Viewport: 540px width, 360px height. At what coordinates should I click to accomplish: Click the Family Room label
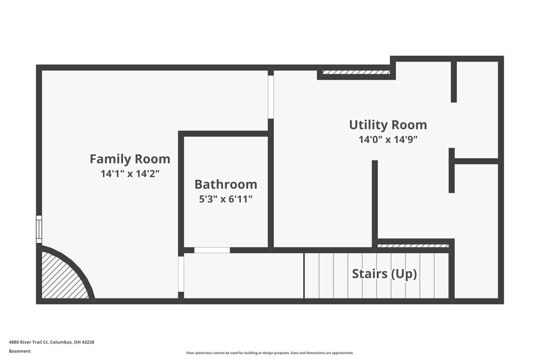pos(130,159)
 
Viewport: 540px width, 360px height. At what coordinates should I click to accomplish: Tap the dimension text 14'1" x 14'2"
pos(130,174)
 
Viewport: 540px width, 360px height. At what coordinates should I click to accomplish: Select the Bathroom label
pos(226,184)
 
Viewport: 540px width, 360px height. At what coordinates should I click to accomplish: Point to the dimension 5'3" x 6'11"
pos(226,199)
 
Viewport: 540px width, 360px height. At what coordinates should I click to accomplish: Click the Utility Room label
pos(388,125)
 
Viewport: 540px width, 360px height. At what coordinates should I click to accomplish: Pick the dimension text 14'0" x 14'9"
pos(388,139)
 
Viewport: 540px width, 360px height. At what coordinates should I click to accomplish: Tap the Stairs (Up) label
pos(384,274)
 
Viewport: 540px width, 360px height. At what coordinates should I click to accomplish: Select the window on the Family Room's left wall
pos(39,229)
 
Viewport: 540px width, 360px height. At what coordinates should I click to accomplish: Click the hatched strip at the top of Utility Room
pos(355,72)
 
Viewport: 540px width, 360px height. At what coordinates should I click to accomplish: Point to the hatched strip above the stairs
pos(413,246)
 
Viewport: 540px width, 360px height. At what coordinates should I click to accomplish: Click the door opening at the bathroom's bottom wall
pos(212,250)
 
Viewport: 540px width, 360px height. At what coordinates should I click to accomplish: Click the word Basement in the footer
pos(20,351)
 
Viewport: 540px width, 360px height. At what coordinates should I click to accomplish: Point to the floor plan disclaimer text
pos(269,352)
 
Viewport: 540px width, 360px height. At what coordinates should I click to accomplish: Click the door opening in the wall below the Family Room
pos(181,274)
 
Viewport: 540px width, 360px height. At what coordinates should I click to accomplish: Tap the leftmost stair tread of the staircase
pos(312,275)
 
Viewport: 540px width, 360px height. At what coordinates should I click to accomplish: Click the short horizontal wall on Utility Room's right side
pos(475,161)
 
